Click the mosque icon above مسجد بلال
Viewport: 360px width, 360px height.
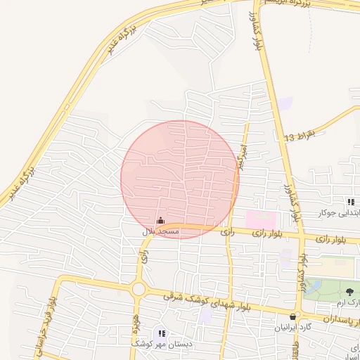coord(160,221)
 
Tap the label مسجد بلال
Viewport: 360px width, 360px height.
coord(161,231)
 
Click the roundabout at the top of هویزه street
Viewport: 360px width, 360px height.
coord(138,288)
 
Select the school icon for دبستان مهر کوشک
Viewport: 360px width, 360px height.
coord(162,333)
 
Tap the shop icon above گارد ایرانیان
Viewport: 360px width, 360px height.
coord(293,316)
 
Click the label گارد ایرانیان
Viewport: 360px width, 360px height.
coord(294,328)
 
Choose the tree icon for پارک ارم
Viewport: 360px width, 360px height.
coord(349,290)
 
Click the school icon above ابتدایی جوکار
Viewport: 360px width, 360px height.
coord(351,202)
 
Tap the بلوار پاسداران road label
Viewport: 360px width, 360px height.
coord(328,319)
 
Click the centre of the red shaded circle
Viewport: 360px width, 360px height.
coord(180,180)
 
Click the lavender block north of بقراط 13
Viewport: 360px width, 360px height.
coord(285,103)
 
